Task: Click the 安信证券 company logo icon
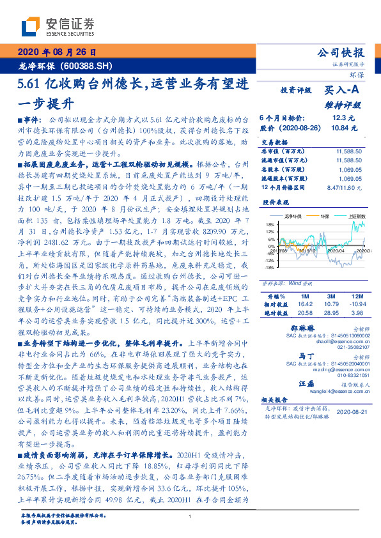click(30, 26)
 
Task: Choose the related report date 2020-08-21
click(352, 412)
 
